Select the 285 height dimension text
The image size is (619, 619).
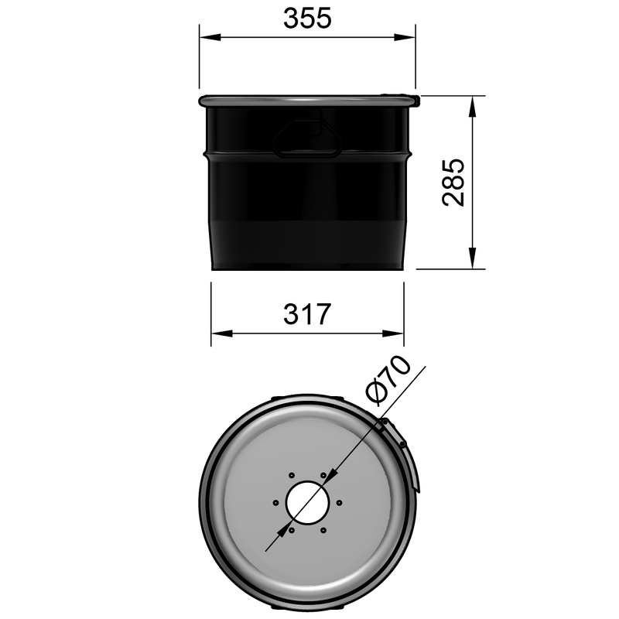coord(453,183)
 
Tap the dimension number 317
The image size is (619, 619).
coord(307,314)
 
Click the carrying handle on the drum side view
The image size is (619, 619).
coord(309,136)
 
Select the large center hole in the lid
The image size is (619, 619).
coord(307,502)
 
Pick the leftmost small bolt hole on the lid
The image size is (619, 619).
coord(275,502)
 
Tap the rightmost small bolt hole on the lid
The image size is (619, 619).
coord(340,502)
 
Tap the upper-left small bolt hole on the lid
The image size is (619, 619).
coord(291,474)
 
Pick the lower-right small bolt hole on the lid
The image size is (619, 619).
coord(323,530)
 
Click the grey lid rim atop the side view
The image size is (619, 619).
coord(307,101)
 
